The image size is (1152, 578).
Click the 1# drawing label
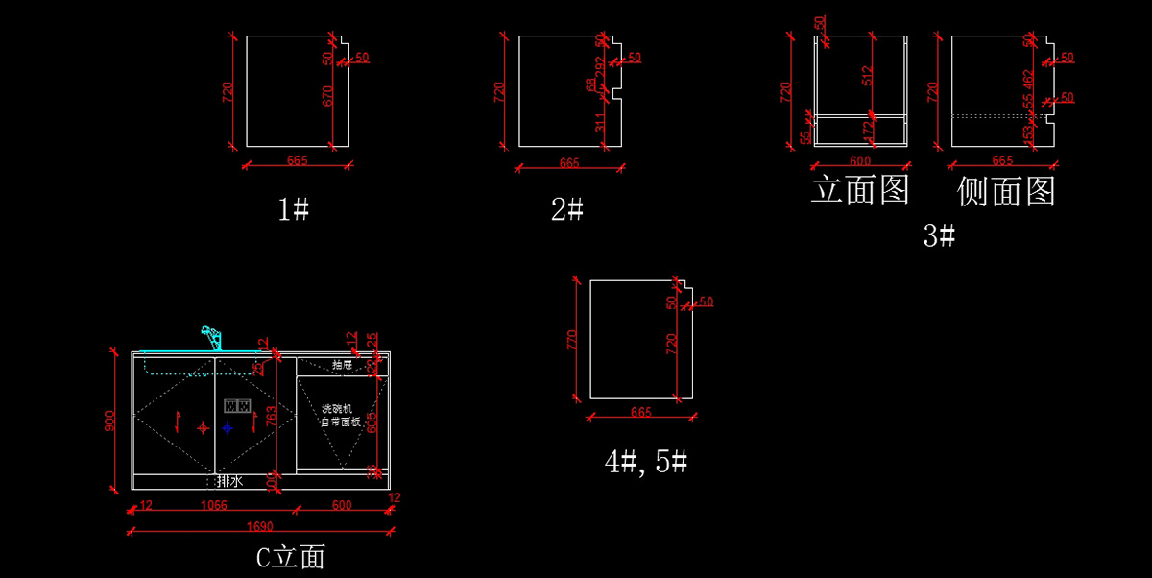[293, 209]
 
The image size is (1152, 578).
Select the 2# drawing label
[567, 209]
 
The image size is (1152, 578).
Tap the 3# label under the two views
[939, 235]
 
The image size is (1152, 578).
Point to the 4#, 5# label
[646, 462]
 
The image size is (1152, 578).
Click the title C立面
[291, 557]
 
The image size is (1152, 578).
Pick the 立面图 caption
[860, 189]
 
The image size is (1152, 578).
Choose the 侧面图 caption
[1006, 191]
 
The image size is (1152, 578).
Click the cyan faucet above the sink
[211, 338]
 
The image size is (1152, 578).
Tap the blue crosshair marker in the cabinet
[228, 427]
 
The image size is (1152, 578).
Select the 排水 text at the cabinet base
[228, 481]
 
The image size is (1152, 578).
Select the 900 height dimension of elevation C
[110, 420]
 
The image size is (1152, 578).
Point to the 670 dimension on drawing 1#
[327, 95]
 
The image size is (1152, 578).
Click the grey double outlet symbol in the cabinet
[237, 405]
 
